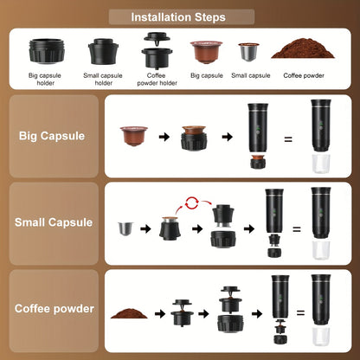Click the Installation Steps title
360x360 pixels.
click(x=179, y=16)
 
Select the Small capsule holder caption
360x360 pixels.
click(x=104, y=79)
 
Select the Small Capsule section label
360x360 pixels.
click(x=54, y=222)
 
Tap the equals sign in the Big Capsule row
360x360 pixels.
click(x=288, y=138)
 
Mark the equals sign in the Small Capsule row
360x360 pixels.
click(x=295, y=229)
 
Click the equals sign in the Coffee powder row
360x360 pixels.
click(x=300, y=313)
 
